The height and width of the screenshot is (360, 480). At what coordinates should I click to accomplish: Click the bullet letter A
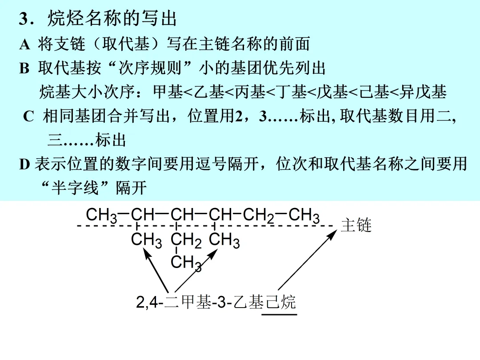tap(24, 44)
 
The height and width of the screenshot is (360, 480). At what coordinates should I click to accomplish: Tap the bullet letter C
tap(28, 117)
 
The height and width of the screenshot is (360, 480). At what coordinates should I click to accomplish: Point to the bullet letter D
tap(24, 164)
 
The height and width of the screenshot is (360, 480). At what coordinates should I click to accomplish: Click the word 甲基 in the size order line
tap(168, 92)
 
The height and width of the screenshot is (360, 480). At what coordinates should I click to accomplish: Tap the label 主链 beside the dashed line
tap(356, 225)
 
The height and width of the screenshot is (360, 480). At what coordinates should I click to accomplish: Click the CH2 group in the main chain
tap(258, 216)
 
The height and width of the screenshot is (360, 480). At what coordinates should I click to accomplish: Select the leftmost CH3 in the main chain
tap(101, 216)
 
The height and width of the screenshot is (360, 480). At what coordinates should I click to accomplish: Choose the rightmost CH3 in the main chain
tap(304, 216)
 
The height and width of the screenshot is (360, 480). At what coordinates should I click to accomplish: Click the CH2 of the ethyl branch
tap(186, 241)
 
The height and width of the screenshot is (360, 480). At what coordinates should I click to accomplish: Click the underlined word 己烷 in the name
tap(280, 303)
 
